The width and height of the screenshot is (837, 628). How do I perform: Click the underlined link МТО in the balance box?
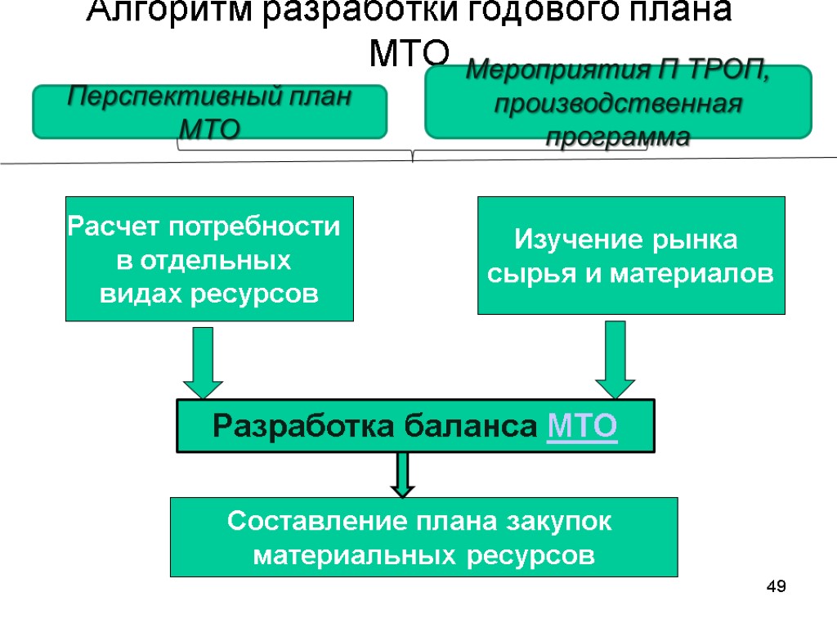pos(581,426)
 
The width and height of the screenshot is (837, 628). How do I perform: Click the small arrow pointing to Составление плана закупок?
pos(402,475)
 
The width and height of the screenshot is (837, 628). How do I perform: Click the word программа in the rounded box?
pos(618,137)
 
